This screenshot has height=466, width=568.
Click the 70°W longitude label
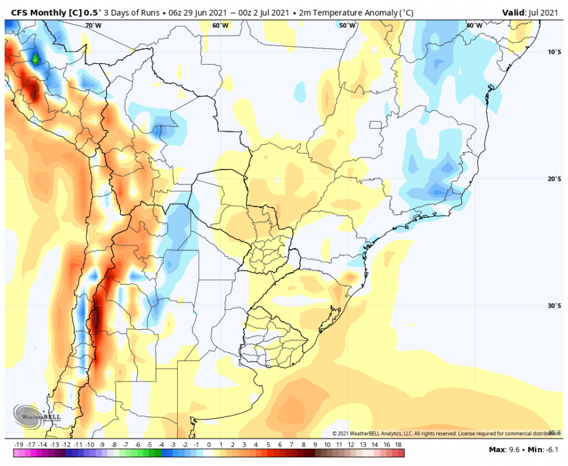pyautogui.click(x=93, y=25)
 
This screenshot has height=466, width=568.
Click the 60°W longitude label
pyautogui.click(x=220, y=25)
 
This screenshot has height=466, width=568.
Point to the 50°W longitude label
pyautogui.click(x=347, y=25)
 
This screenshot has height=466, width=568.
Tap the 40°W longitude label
pyautogui.click(x=474, y=25)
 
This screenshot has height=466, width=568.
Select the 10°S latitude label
pyautogui.click(x=555, y=52)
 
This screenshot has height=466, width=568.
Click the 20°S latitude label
pyautogui.click(x=555, y=179)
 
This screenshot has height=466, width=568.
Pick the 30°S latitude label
pyautogui.click(x=555, y=306)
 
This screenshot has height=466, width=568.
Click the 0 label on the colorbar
pyautogui.click(x=209, y=445)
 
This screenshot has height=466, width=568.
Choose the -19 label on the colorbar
pyautogui.click(x=19, y=445)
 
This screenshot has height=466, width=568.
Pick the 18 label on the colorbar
pyautogui.click(x=399, y=445)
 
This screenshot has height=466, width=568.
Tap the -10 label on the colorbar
pyautogui.click(x=90, y=445)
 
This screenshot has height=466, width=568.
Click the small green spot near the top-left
pyautogui.click(x=35, y=58)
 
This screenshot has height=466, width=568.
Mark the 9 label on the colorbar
pyautogui.click(x=315, y=445)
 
